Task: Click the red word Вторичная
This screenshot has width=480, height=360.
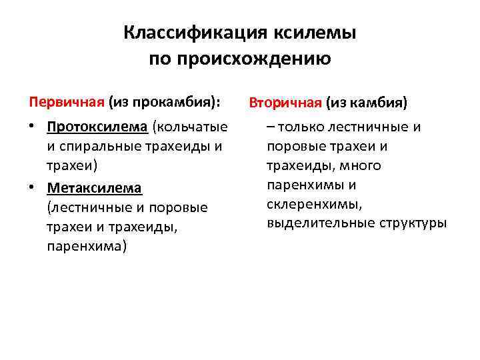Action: click(285, 103)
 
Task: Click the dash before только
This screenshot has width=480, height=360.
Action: click(271, 126)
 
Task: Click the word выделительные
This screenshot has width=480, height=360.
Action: click(321, 222)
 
